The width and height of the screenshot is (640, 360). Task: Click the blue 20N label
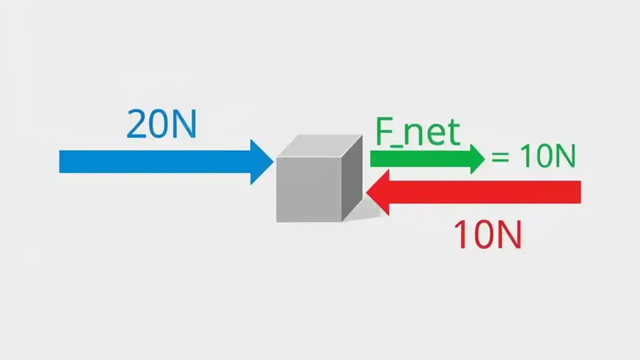pyautogui.click(x=161, y=124)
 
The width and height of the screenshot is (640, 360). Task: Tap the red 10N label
pyautogui.click(x=487, y=235)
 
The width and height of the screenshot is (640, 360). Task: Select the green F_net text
pyautogui.click(x=417, y=132)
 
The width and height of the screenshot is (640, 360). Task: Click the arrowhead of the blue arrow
pyautogui.click(x=261, y=162)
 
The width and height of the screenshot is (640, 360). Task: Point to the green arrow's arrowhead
pyautogui.click(x=477, y=158)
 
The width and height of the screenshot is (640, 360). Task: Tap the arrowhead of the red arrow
pyautogui.click(x=378, y=192)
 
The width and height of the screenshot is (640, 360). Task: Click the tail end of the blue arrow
pyautogui.click(x=62, y=162)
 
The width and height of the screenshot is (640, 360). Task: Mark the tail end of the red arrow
pyautogui.click(x=578, y=192)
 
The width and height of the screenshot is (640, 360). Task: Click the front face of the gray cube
pyautogui.click(x=309, y=189)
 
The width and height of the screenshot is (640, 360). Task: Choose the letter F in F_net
pyautogui.click(x=384, y=132)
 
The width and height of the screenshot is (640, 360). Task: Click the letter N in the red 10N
pyautogui.click(x=508, y=235)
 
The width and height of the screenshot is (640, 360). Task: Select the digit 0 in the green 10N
pyautogui.click(x=540, y=156)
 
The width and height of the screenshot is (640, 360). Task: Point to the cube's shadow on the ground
pyautogui.click(x=367, y=212)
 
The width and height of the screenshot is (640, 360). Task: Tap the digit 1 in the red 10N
pyautogui.click(x=461, y=235)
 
